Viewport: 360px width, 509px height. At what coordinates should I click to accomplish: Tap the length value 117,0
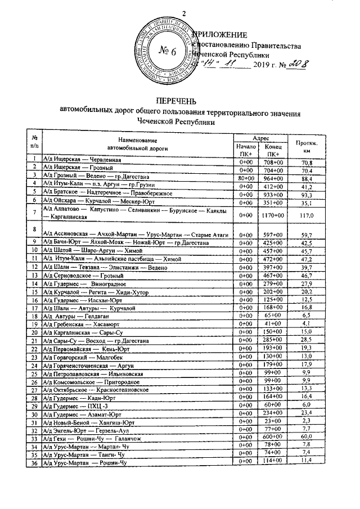[x=306, y=214]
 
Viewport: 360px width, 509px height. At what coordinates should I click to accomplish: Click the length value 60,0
[x=306, y=437]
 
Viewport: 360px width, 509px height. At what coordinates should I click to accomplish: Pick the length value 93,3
[x=306, y=193]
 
